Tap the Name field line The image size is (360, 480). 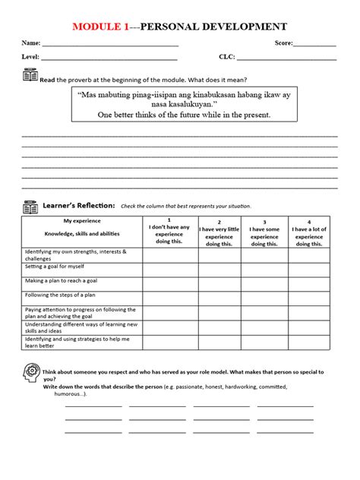110,46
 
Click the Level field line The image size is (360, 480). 109,59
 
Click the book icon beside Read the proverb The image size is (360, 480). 30,77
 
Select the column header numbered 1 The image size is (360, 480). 170,220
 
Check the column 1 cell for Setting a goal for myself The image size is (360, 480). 170,267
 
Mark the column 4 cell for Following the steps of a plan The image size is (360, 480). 308,296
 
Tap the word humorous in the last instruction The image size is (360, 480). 70,395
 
